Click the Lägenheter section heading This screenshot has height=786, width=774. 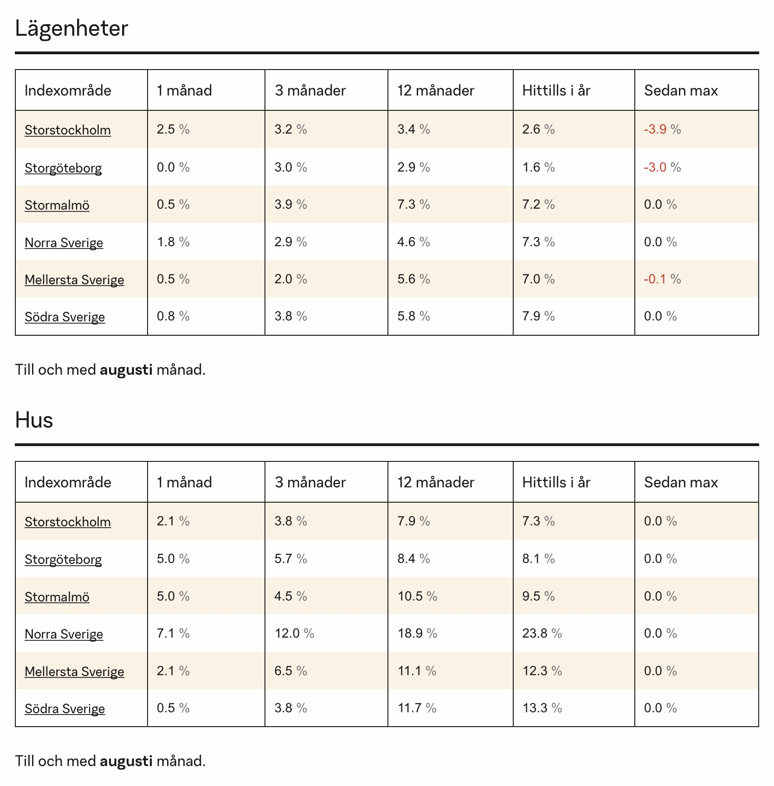(x=71, y=29)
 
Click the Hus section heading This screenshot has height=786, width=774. (x=34, y=420)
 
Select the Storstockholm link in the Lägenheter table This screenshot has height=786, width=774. (x=68, y=130)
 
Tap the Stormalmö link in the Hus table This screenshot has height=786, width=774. (x=57, y=596)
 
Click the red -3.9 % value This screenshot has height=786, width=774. (x=662, y=129)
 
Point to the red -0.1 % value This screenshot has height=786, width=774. (x=662, y=279)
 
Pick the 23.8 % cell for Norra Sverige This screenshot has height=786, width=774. (x=542, y=633)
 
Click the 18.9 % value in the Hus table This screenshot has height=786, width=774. (x=417, y=633)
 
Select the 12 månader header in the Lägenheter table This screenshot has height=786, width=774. (x=436, y=90)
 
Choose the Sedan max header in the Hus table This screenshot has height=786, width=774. (x=681, y=482)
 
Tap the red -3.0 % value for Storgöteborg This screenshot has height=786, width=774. (x=662, y=167)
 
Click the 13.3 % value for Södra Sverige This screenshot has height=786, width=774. (x=542, y=708)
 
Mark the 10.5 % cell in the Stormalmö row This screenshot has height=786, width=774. (x=417, y=596)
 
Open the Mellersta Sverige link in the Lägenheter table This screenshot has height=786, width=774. (x=74, y=280)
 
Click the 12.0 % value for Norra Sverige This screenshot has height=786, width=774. (x=294, y=633)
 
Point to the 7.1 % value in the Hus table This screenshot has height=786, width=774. (x=173, y=633)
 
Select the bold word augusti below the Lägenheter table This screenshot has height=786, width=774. (x=126, y=370)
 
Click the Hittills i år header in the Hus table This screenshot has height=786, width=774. (x=556, y=482)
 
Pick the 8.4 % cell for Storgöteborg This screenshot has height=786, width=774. (x=413, y=559)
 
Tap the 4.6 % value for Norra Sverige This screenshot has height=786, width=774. (x=413, y=242)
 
